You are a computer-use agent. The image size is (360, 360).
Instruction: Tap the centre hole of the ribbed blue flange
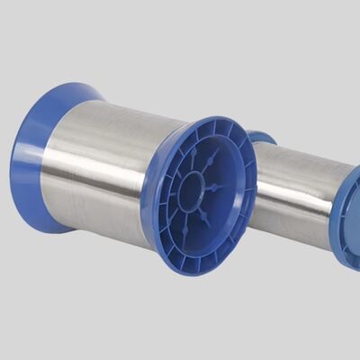(x=192, y=192)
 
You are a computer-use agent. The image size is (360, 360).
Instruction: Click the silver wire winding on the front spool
(x=99, y=171)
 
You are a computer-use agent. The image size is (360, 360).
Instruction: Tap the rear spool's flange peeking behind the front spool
(x=262, y=138)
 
